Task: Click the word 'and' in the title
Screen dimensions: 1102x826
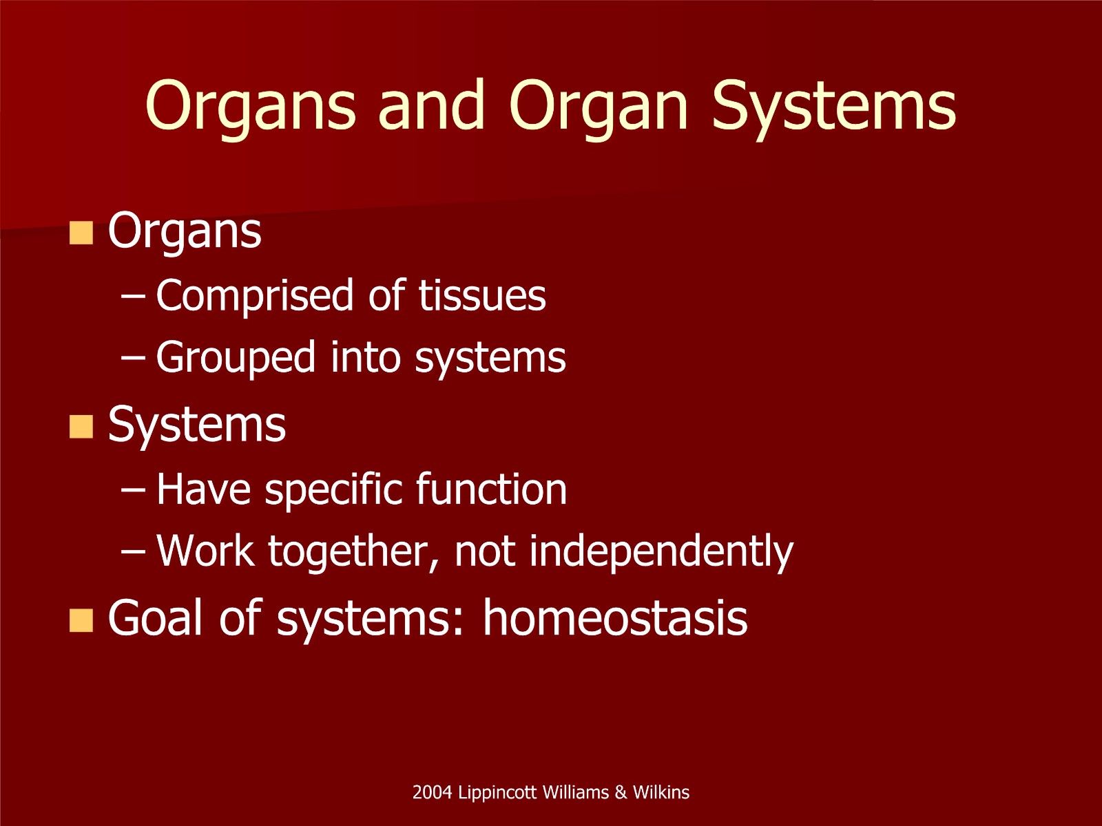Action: [x=432, y=105]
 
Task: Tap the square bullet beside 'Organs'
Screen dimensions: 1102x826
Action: [x=81, y=233]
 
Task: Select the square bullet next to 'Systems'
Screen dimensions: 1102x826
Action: [x=81, y=427]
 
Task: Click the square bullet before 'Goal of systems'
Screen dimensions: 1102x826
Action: [x=81, y=620]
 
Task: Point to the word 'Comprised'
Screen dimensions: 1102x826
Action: [x=255, y=297]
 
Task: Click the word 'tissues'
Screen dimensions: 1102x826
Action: [x=482, y=296]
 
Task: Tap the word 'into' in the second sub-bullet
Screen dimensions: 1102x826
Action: [x=366, y=357]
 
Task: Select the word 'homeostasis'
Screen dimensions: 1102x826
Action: [x=615, y=618]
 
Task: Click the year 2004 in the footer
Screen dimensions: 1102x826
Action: [x=433, y=792]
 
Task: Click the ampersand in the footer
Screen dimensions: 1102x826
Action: [x=621, y=792]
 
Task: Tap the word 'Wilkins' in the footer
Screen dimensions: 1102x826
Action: [x=661, y=792]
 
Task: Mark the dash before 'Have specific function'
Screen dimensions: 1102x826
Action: [x=133, y=490]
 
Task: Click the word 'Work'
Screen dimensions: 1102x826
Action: [x=205, y=551]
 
